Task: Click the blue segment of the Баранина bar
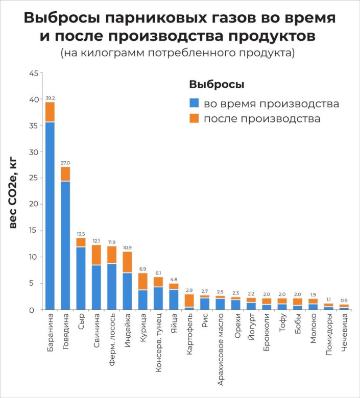click(50, 214)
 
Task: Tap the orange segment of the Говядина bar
click(65, 174)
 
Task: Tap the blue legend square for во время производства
click(194, 104)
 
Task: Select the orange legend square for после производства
click(194, 118)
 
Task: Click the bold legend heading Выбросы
click(217, 84)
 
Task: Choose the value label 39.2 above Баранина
click(50, 98)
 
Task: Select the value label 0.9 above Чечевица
click(345, 301)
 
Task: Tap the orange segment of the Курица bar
click(143, 281)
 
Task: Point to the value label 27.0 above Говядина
click(65, 163)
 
